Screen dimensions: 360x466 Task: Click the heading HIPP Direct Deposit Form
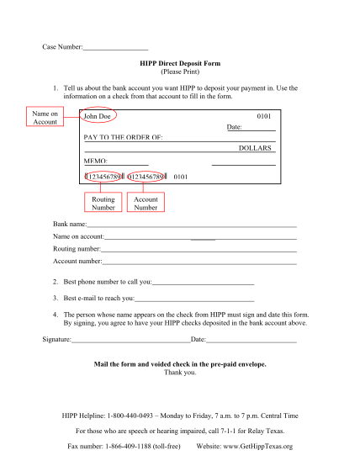tap(180, 63)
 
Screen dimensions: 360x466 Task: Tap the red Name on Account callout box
tap(45, 118)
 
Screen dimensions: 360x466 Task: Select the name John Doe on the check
tap(99, 116)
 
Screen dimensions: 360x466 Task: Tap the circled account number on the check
tap(147, 177)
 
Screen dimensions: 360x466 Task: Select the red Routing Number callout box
tap(103, 203)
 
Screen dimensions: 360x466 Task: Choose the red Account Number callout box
tap(146, 203)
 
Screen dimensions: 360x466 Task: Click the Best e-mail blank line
tap(194, 299)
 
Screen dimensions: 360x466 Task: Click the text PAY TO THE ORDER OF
tap(124, 136)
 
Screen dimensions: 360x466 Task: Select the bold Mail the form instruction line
tap(180, 364)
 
